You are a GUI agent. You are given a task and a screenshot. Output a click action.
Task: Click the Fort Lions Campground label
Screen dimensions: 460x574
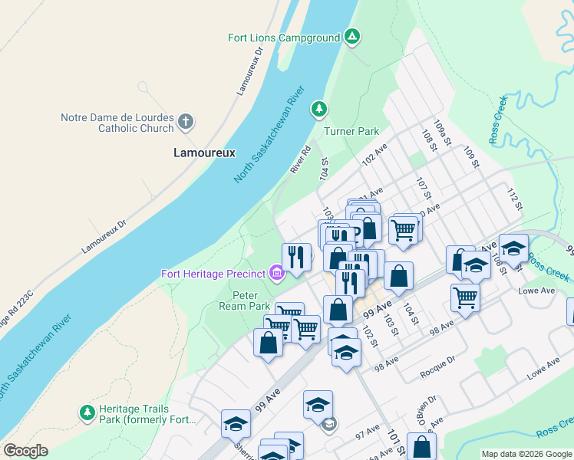pyautogui.click(x=283, y=38)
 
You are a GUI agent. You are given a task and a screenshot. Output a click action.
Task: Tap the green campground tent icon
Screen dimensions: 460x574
pyautogui.click(x=351, y=36)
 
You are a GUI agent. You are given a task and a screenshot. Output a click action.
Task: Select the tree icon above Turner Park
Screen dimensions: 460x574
pyautogui.click(x=318, y=110)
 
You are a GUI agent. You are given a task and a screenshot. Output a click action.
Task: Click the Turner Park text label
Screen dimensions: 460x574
pyautogui.click(x=351, y=131)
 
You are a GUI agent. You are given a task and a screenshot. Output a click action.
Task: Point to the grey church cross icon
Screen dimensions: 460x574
pyautogui.click(x=185, y=121)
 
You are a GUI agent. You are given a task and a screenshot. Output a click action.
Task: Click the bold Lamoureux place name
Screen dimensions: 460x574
pyautogui.click(x=203, y=153)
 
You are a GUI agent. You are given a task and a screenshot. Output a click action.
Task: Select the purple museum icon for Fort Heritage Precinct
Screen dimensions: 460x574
pyautogui.click(x=275, y=273)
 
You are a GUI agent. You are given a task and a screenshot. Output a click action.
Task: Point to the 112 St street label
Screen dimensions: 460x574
pyautogui.click(x=513, y=200)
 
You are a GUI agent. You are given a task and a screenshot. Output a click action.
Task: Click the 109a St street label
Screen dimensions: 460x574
pyautogui.click(x=440, y=134)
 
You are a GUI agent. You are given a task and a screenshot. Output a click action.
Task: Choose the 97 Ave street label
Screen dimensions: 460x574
pyautogui.click(x=369, y=434)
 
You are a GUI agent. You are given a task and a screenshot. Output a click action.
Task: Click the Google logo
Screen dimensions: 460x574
pyautogui.click(x=25, y=451)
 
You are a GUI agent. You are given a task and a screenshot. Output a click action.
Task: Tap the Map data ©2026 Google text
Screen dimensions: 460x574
pyautogui.click(x=526, y=454)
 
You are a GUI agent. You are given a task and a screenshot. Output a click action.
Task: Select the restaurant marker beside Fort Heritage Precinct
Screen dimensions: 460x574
pyautogui.click(x=296, y=257)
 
